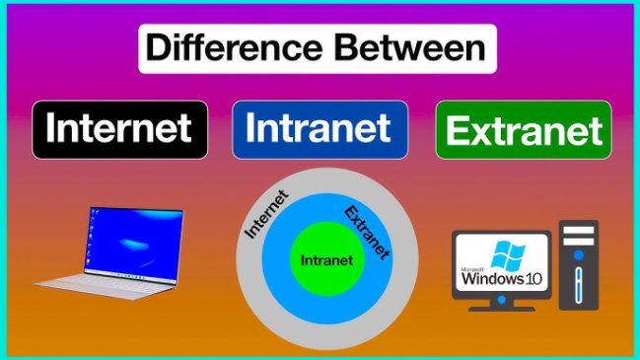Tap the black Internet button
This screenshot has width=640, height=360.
pyautogui.click(x=119, y=129)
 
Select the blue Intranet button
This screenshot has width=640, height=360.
pyautogui.click(x=319, y=128)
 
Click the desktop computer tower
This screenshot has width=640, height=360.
pyautogui.click(x=578, y=266)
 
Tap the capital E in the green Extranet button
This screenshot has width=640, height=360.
pyautogui.click(x=459, y=131)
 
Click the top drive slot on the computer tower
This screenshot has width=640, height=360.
pyautogui.click(x=579, y=232)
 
